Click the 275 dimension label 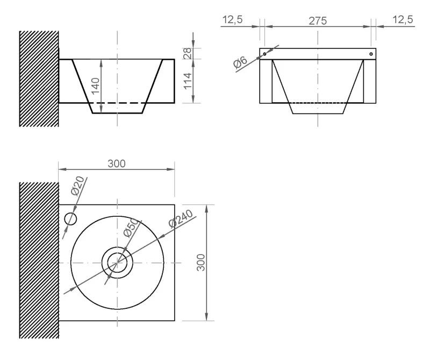[x=318, y=21]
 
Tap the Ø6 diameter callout [x=240, y=62]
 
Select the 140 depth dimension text [x=96, y=86]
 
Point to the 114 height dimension [x=188, y=81]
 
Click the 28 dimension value [x=188, y=54]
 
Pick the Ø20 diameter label [x=77, y=186]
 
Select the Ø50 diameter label [x=131, y=228]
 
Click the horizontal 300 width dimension [x=117, y=164]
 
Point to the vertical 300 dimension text [x=201, y=263]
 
